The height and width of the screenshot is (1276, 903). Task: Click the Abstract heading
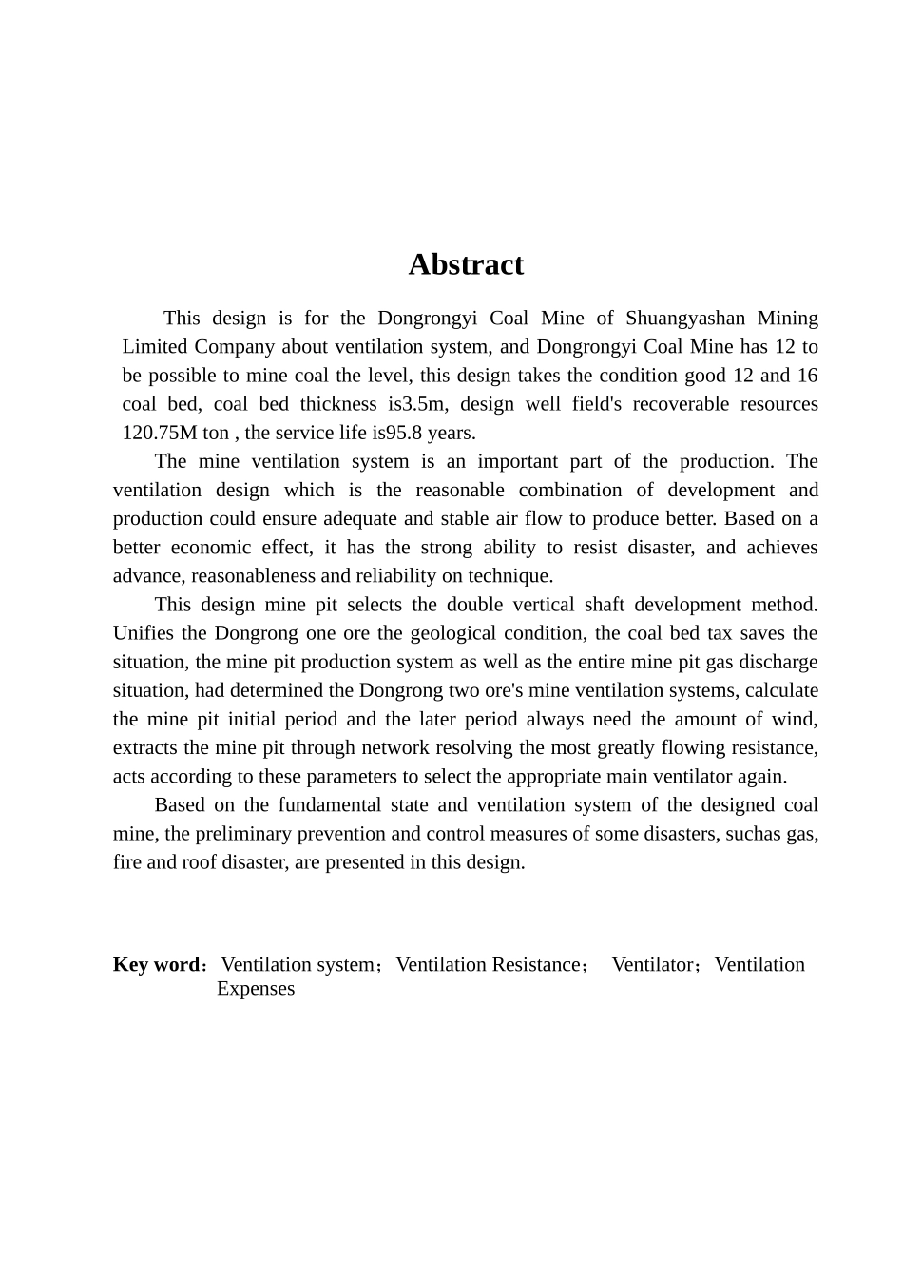[x=466, y=264]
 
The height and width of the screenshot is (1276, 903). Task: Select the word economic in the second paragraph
[x=213, y=548]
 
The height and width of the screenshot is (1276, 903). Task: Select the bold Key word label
[x=156, y=964]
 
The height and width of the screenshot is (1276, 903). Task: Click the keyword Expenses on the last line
[x=256, y=989]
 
